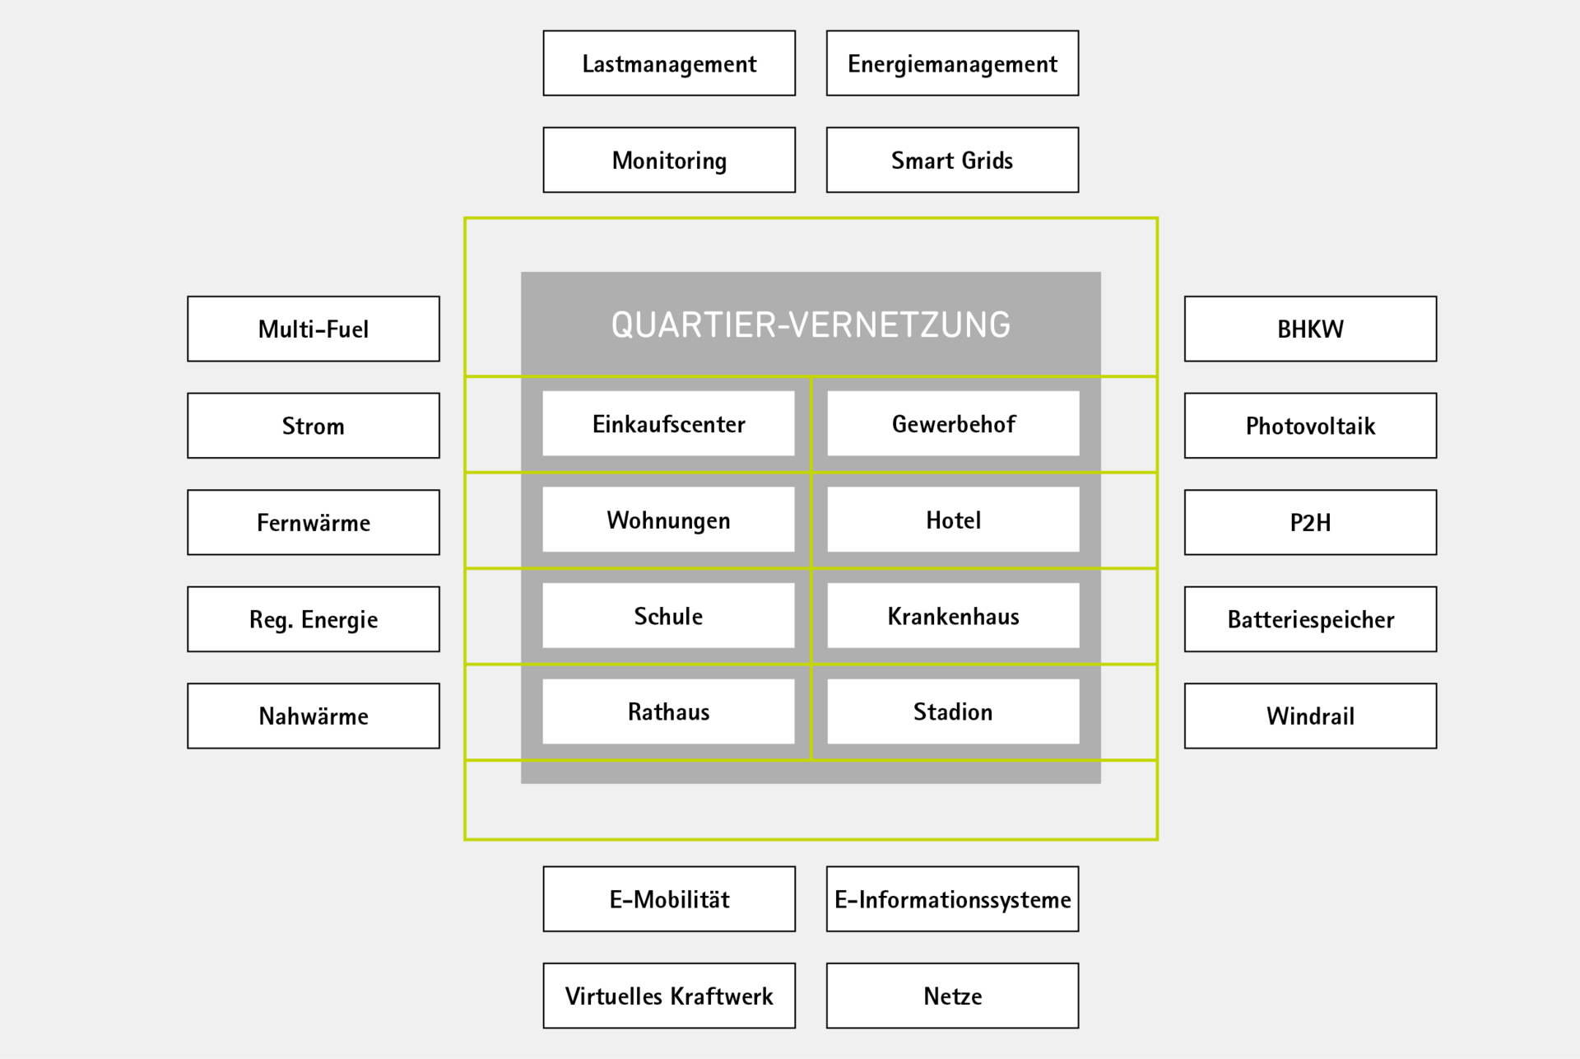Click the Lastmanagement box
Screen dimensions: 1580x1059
pyautogui.click(x=669, y=63)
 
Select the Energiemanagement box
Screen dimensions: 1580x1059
pyautogui.click(x=952, y=63)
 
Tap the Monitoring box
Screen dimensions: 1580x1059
pyautogui.click(x=669, y=160)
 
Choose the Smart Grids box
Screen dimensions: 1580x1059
pyautogui.click(x=952, y=160)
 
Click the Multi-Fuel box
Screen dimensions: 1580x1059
pyautogui.click(x=314, y=329)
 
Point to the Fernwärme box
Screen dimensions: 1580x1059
pyautogui.click(x=314, y=522)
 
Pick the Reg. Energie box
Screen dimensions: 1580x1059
pyautogui.click(x=314, y=619)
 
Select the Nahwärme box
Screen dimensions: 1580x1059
pyautogui.click(x=314, y=716)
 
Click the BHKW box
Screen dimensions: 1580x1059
pyautogui.click(x=1310, y=329)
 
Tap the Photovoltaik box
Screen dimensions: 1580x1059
pyautogui.click(x=1310, y=426)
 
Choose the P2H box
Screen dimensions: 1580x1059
pyautogui.click(x=1310, y=522)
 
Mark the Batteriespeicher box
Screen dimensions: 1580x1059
pyautogui.click(x=1310, y=619)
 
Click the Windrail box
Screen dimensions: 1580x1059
pyautogui.click(x=1310, y=716)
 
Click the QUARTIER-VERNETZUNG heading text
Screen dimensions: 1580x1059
pyautogui.click(x=811, y=324)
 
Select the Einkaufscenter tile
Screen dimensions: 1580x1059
pyautogui.click(x=668, y=423)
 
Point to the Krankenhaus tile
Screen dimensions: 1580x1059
pyautogui.click(x=953, y=616)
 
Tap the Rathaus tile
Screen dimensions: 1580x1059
pyautogui.click(x=668, y=711)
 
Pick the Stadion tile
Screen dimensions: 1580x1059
pyautogui.click(x=953, y=711)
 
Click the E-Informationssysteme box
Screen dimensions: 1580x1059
pyautogui.click(x=952, y=899)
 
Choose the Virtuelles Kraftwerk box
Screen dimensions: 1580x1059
pyautogui.click(x=669, y=996)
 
